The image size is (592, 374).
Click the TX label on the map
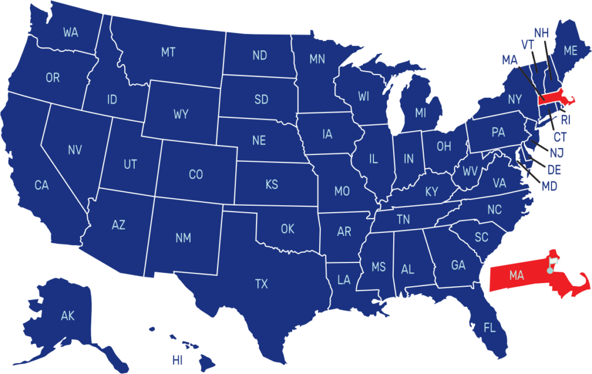point(261,284)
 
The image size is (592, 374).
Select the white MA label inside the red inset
point(516,276)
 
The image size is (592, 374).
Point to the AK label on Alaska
point(68,316)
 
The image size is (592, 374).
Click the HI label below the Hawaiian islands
point(177,361)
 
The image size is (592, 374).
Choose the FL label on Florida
point(490,328)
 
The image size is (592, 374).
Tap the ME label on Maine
point(570,51)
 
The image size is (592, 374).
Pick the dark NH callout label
point(541,32)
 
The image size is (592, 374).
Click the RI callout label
point(565,120)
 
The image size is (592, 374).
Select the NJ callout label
point(557,153)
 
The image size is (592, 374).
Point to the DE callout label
point(554,170)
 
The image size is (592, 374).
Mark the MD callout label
point(549,186)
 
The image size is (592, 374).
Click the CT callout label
point(560,138)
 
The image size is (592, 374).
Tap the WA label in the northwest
point(71,32)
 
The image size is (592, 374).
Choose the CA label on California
point(41,186)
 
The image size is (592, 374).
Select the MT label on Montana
point(168,53)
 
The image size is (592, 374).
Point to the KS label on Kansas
point(271,185)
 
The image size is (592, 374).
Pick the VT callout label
point(527,45)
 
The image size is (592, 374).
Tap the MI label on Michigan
point(420,113)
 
